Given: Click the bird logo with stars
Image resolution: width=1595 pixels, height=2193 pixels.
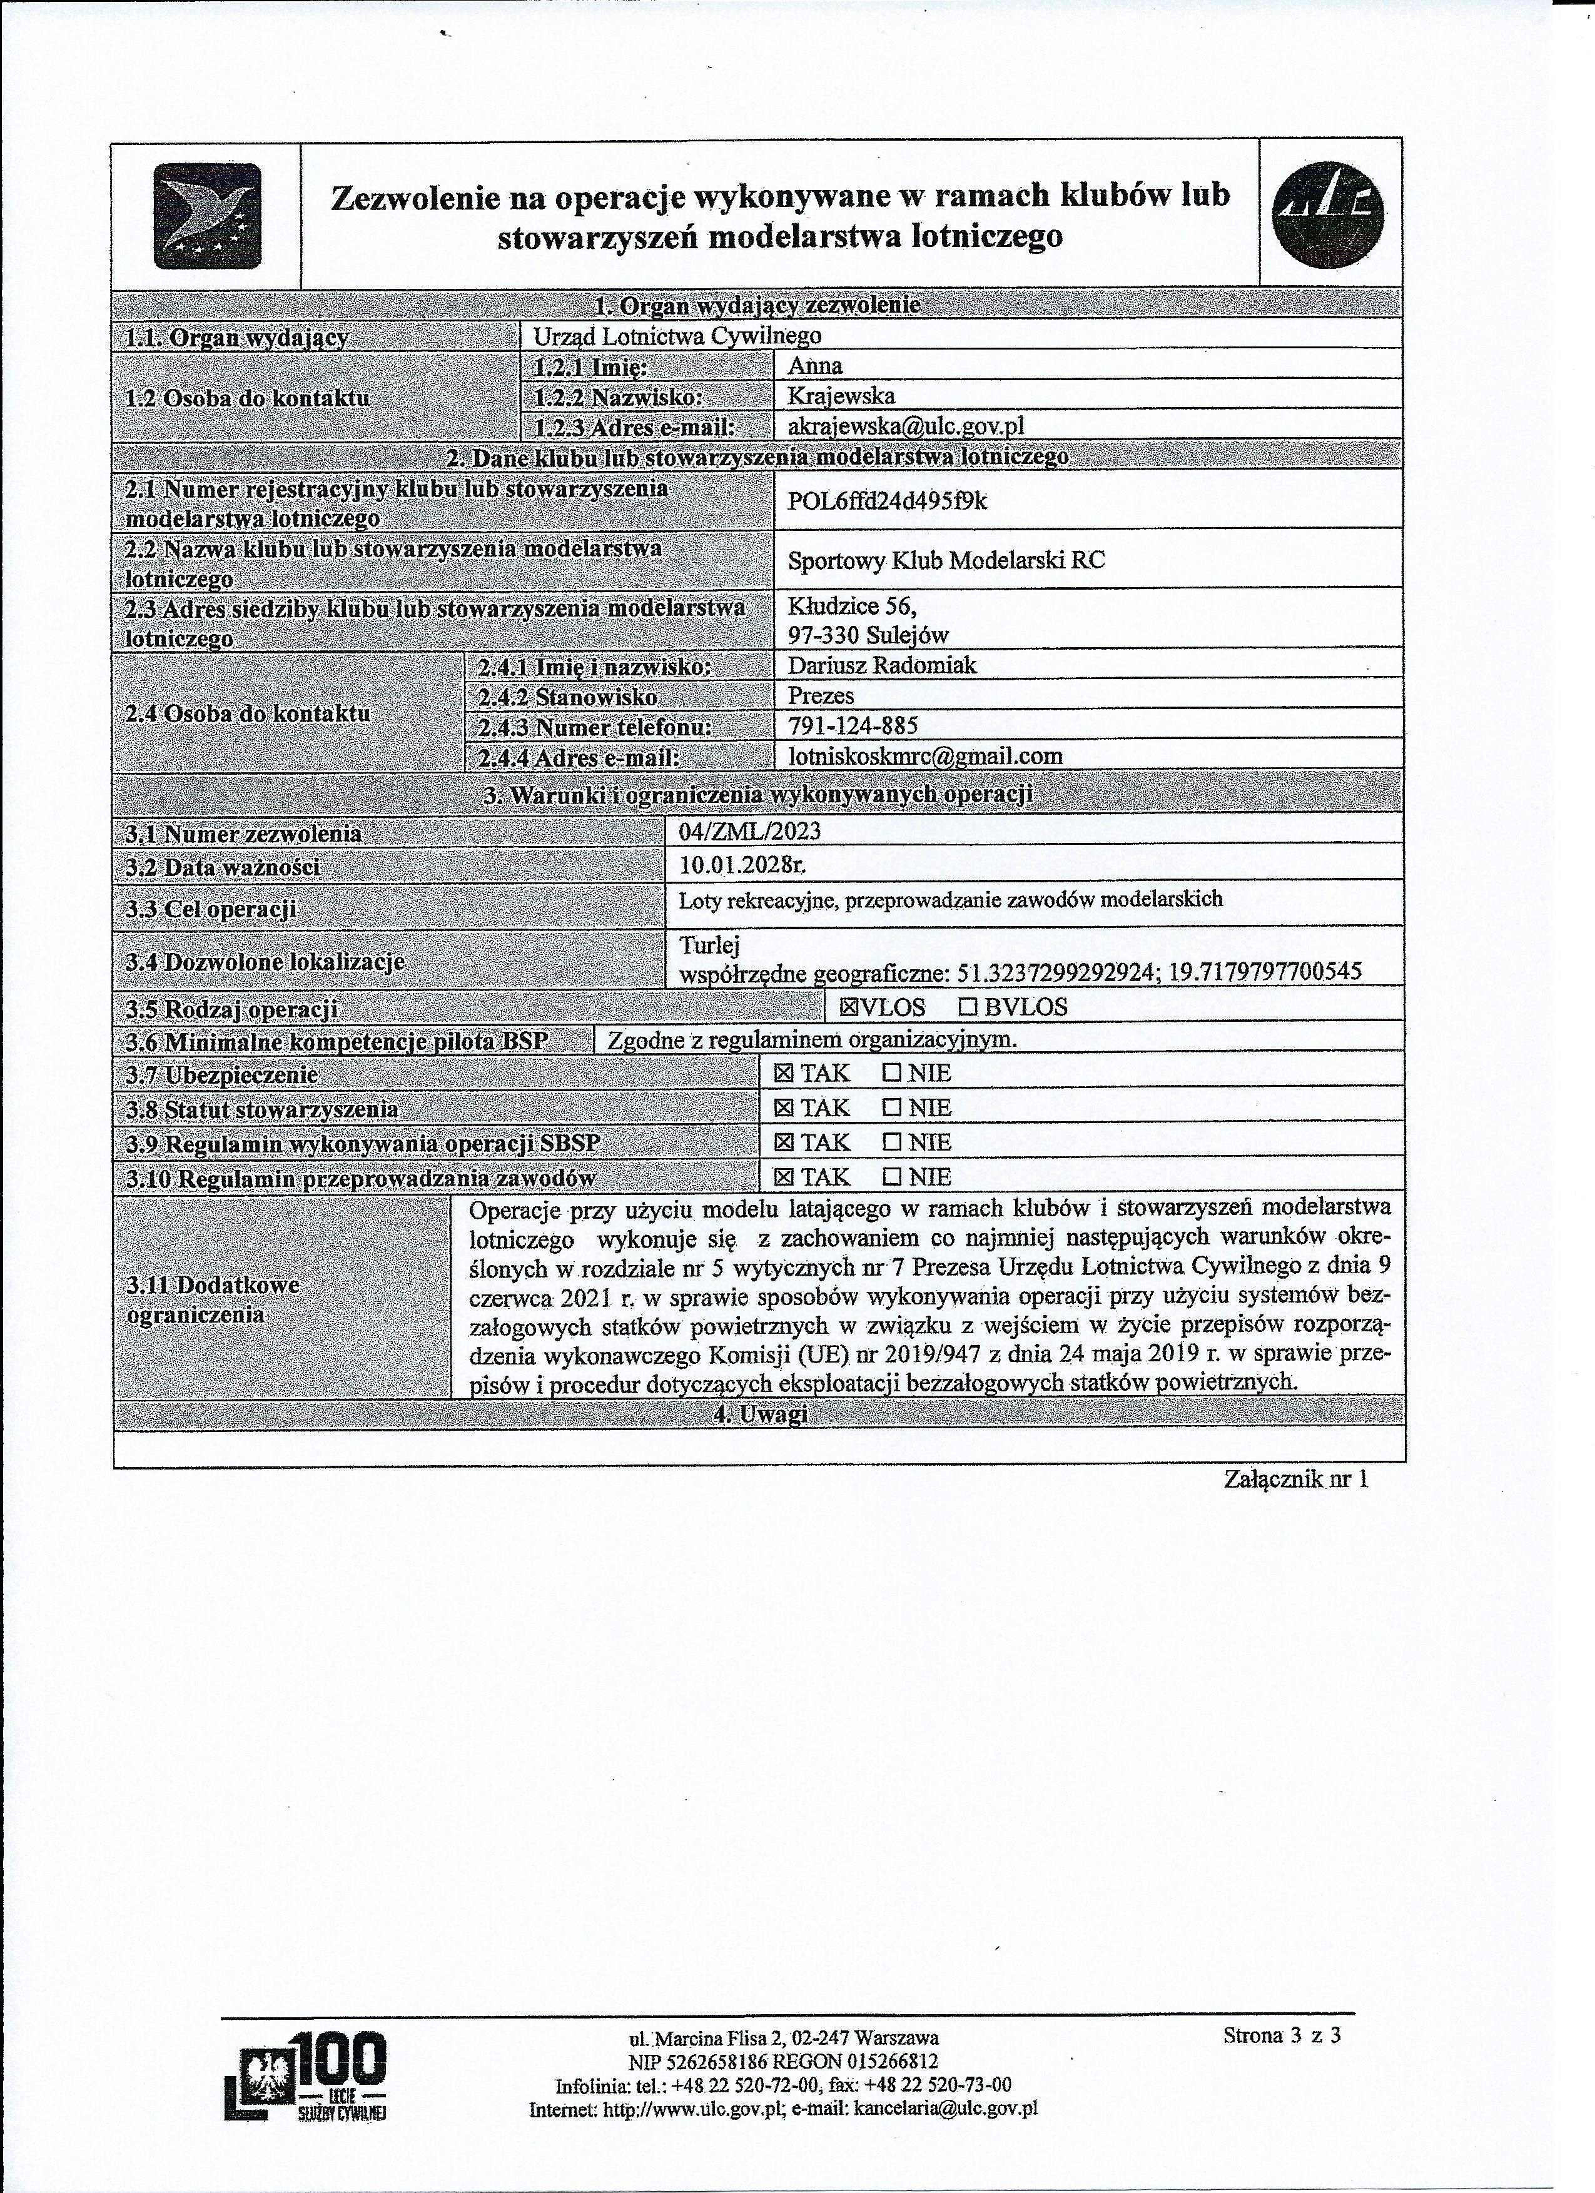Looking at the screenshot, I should click(206, 216).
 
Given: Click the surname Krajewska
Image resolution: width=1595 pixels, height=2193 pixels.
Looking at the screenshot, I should click(841, 395).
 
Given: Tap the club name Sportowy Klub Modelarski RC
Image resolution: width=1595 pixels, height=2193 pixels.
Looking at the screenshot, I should click(945, 560).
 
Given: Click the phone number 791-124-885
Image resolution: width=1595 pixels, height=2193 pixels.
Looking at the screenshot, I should click(852, 725).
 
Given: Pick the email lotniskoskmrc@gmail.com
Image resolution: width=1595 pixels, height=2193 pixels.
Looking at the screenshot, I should click(924, 756).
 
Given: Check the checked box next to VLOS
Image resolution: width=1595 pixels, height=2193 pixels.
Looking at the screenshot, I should click(848, 1007).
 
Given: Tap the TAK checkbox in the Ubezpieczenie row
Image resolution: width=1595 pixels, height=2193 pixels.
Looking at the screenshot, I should click(784, 1073).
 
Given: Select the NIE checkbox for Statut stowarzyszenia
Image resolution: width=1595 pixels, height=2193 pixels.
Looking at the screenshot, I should click(892, 1108).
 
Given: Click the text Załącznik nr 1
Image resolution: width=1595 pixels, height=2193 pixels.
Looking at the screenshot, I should click(1296, 1478).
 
